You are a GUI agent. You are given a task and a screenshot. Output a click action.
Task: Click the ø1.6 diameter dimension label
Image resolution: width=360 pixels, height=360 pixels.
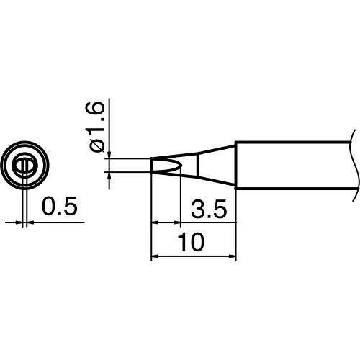click(95, 127)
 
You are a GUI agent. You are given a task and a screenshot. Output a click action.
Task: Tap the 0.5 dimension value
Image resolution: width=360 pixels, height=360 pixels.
click(60, 205)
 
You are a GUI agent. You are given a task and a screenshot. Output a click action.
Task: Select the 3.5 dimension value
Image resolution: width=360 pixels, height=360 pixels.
click(209, 209)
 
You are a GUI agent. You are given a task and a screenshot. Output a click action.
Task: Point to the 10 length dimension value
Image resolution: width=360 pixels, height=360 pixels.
click(191, 242)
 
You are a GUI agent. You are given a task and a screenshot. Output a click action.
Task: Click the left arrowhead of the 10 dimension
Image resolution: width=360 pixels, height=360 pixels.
click(154, 256)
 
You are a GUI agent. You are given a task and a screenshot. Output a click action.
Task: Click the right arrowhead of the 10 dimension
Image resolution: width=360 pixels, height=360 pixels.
click(233, 256)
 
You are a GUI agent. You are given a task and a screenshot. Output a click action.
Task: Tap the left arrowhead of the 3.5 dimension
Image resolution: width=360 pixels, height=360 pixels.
click(154, 222)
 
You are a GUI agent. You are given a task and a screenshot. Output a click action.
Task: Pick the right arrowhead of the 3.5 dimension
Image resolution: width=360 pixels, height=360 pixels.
click(177, 222)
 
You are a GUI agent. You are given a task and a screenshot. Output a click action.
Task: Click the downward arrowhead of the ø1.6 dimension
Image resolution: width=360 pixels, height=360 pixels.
click(109, 156)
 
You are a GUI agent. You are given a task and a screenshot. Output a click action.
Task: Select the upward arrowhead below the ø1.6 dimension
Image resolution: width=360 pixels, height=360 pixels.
click(109, 176)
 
